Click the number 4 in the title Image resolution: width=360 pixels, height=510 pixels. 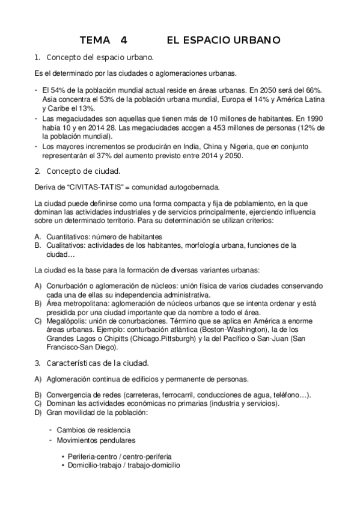[x=124, y=41]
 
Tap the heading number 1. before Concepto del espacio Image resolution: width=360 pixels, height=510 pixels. [x=37, y=58]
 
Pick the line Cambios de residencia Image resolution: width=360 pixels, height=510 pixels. [x=93, y=431]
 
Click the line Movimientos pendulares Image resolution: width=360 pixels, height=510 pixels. [x=91, y=441]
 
